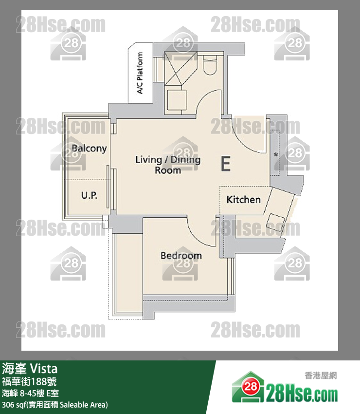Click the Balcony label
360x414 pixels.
pyautogui.click(x=89, y=149)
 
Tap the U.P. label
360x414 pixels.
pyautogui.click(x=89, y=195)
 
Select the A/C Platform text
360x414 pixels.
pyautogui.click(x=140, y=73)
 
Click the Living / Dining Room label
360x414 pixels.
pyautogui.click(x=168, y=165)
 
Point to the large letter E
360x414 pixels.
pyautogui.click(x=226, y=164)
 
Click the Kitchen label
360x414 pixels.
pyautogui.click(x=243, y=200)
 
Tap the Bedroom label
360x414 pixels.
pyautogui.click(x=181, y=255)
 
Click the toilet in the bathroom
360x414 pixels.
pyautogui.click(x=210, y=65)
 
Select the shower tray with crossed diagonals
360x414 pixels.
pyautogui.click(x=181, y=68)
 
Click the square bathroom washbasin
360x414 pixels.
pyautogui.click(x=177, y=100)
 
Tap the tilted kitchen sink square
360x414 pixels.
pyautogui.click(x=275, y=222)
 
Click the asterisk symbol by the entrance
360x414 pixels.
pyautogui.click(x=276, y=154)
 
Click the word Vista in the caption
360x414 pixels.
pyautogui.click(x=43, y=369)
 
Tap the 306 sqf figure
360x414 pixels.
pyautogui.click(x=16, y=404)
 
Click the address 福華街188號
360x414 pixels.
pyautogui.click(x=29, y=381)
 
